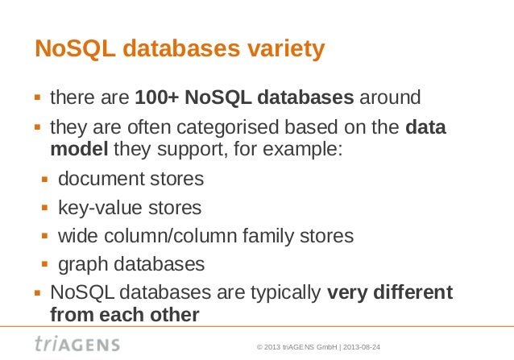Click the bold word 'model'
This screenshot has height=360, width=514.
coord(79,149)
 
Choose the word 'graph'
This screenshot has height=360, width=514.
coord(81,264)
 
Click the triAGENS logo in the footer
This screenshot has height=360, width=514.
coord(77,344)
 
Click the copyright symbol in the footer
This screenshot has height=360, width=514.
coord(259,347)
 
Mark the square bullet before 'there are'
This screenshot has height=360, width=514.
coord(38,99)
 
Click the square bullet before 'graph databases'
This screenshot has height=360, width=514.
coord(46,265)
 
